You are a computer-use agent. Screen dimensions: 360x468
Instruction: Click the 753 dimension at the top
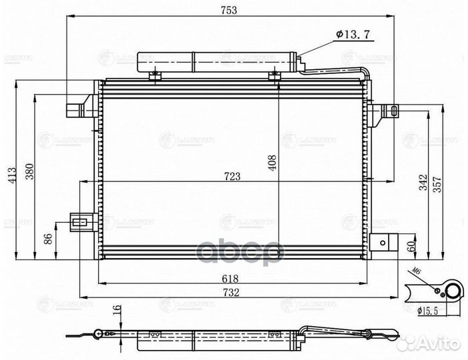[230, 9]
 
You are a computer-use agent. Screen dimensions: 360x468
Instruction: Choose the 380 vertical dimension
[29, 175]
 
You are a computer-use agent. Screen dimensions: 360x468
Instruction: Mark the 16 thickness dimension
[117, 311]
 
